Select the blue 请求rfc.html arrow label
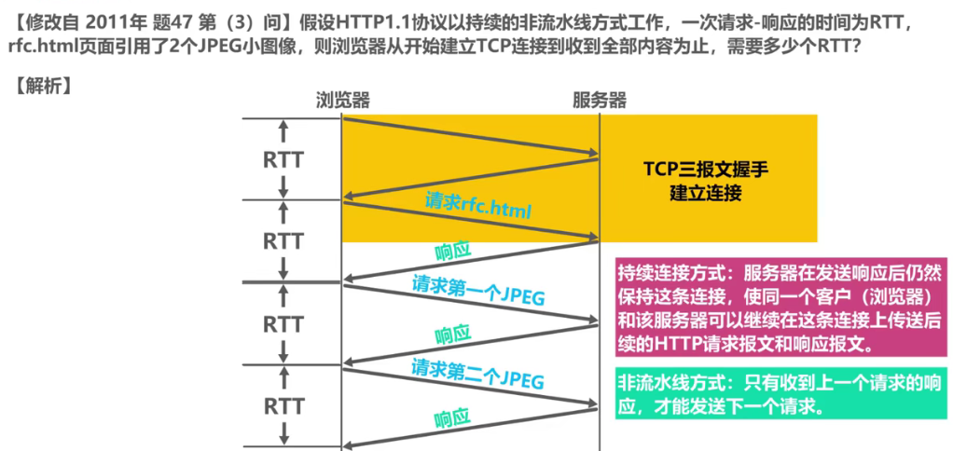477,205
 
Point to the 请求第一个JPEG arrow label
478,290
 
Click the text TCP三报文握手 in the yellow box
706,171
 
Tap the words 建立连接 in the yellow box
706,194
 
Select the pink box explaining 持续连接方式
779,307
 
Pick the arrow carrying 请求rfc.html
470,219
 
